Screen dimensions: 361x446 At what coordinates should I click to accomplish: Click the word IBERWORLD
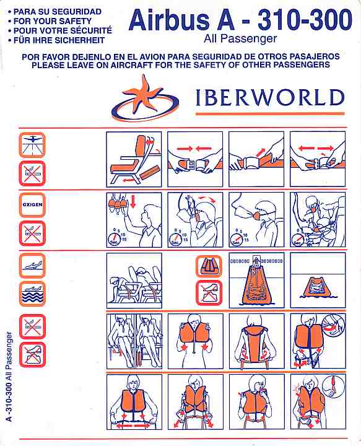point(270,98)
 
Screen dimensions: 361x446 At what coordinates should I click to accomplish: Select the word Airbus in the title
point(168,20)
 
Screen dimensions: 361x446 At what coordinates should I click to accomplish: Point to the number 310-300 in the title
point(305,20)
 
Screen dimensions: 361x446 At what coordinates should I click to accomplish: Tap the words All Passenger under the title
point(240,39)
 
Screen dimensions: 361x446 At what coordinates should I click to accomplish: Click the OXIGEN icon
point(32,205)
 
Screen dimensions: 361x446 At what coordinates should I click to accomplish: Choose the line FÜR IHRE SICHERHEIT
point(59,40)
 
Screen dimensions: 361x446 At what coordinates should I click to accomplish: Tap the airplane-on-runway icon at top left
point(32,145)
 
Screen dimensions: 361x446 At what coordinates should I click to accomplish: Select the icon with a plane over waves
point(32,294)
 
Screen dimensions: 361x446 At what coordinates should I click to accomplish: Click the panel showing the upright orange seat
point(134,159)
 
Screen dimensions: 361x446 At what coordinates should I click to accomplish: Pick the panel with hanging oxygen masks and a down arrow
point(134,220)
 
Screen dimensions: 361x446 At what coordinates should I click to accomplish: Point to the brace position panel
point(134,281)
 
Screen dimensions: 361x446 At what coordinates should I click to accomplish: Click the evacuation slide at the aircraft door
point(256,281)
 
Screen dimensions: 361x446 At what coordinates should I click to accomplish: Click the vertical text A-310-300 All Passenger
point(9,377)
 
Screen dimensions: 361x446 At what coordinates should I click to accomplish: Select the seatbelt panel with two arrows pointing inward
point(195,159)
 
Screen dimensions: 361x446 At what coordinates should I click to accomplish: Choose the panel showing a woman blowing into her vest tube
point(257,401)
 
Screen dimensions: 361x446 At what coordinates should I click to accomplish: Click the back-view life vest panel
point(257,341)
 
